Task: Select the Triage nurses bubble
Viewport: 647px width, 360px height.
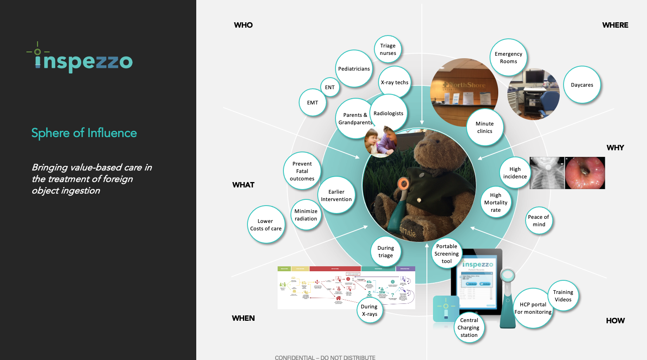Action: pos(388,50)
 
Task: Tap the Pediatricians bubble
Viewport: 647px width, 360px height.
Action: pos(354,69)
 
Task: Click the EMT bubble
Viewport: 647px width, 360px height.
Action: pos(313,102)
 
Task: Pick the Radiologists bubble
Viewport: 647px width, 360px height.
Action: pos(388,113)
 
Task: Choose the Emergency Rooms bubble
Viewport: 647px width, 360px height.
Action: pos(509,58)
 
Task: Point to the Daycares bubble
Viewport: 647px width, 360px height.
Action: pos(582,85)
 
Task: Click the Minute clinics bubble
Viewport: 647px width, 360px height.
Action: pos(485,127)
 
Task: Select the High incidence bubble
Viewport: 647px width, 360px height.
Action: pos(515,173)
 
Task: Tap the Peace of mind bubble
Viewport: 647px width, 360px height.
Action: pos(539,221)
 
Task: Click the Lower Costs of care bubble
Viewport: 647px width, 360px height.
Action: pos(266,225)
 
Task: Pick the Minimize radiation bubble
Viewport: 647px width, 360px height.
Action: pos(306,215)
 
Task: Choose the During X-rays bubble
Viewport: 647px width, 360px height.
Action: pos(369,310)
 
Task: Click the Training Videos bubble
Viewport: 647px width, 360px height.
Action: pos(563,296)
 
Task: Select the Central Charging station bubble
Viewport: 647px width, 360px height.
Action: pos(469,327)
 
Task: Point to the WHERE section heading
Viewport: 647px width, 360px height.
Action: pos(615,25)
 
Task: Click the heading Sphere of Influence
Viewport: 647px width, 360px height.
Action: pos(84,133)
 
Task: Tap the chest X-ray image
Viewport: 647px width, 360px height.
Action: pos(547,173)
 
